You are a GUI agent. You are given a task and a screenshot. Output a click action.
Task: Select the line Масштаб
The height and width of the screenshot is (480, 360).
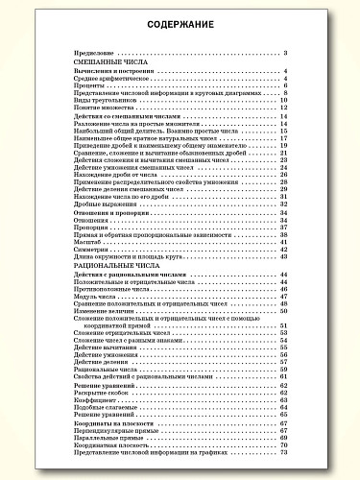(85, 242)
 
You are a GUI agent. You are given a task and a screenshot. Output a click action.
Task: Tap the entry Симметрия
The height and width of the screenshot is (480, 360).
(89, 250)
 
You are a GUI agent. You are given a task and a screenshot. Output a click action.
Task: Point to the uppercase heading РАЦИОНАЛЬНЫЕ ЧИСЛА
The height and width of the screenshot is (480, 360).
(107, 268)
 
